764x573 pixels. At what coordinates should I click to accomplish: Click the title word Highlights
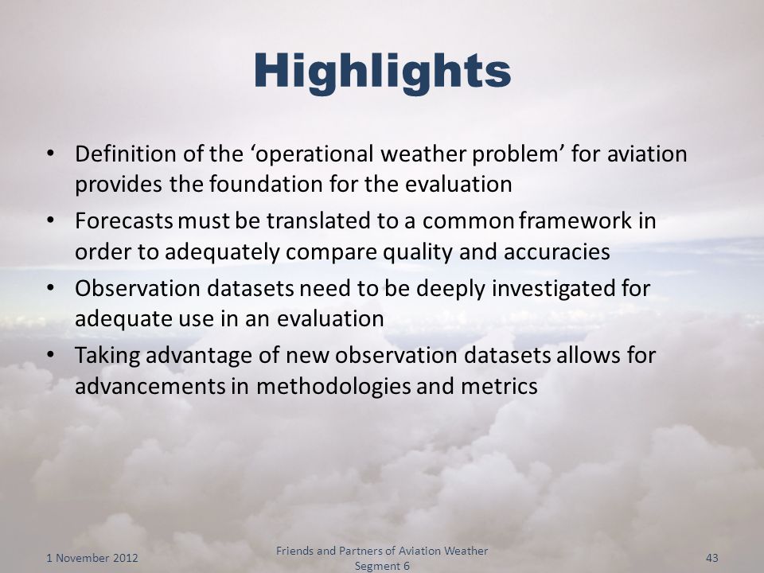382,72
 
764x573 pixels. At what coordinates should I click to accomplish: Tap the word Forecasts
124,221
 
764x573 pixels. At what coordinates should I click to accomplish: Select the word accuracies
557,252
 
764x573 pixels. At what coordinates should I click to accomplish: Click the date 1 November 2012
92,558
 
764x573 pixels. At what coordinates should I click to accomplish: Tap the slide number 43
711,558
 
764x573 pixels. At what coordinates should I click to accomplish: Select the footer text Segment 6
382,566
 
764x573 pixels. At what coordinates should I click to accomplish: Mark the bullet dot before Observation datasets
50,287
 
